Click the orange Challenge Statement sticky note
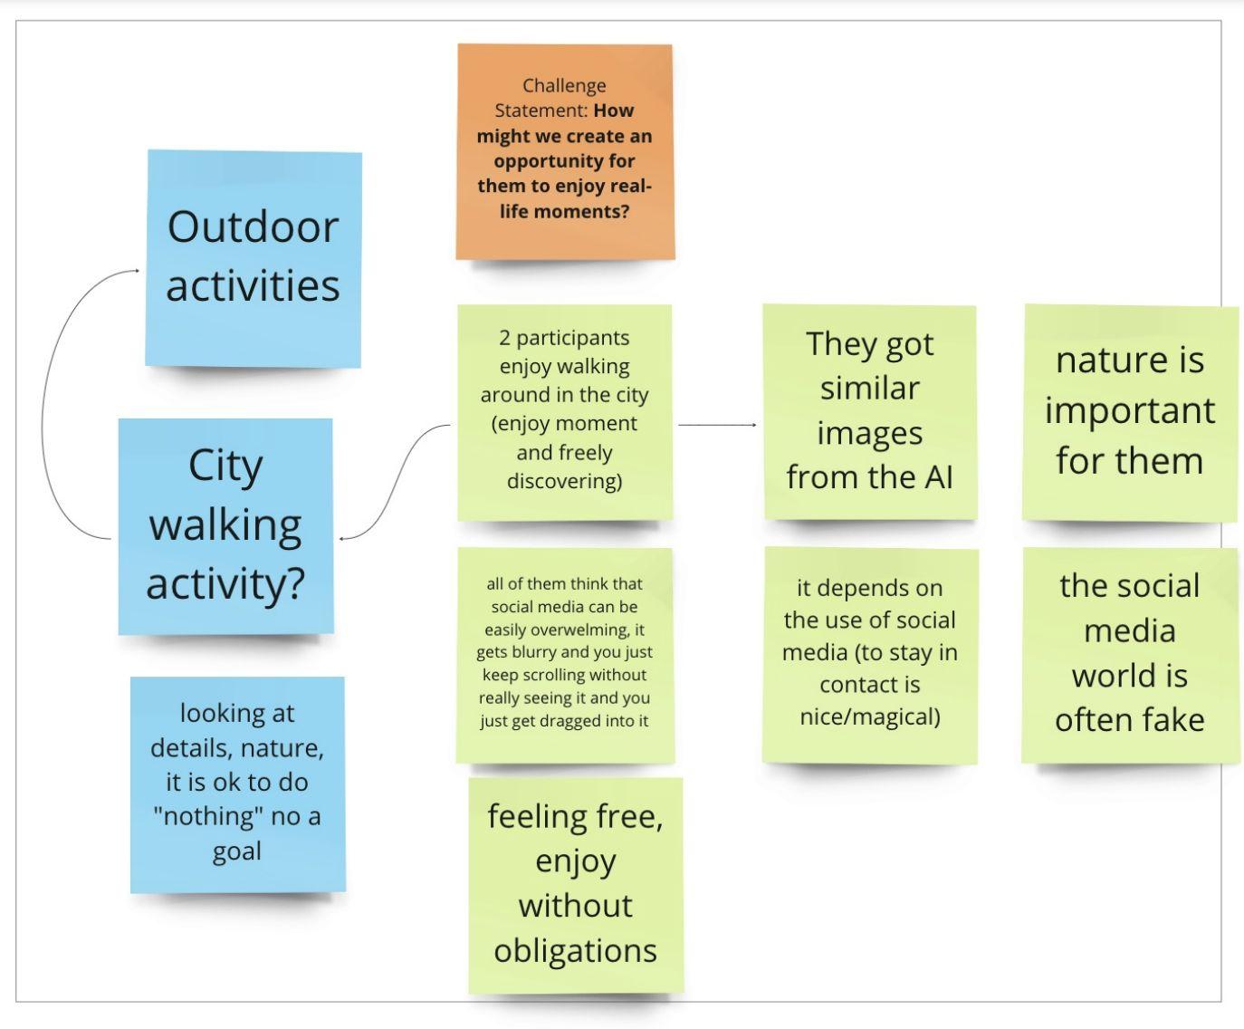pyautogui.click(x=565, y=151)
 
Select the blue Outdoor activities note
pyautogui.click(x=254, y=258)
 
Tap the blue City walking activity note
pyautogui.click(x=225, y=525)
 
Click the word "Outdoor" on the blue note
pyautogui.click(x=253, y=226)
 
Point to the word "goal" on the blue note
pyautogui.click(x=237, y=851)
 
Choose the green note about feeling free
pyautogui.click(x=575, y=884)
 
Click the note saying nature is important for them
pyautogui.click(x=1129, y=412)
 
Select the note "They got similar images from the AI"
pyautogui.click(x=869, y=411)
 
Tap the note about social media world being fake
pyautogui.click(x=1129, y=654)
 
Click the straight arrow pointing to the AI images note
pyautogui.click(x=716, y=424)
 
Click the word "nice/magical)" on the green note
pyautogui.click(x=870, y=717)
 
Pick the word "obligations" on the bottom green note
pyautogui.click(x=575, y=951)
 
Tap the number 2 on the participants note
pyautogui.click(x=504, y=339)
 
